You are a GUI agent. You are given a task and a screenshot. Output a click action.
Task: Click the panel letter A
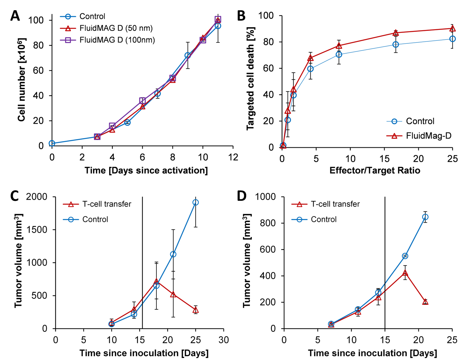point(15,16)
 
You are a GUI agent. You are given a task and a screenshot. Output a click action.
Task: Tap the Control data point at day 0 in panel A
point(52,143)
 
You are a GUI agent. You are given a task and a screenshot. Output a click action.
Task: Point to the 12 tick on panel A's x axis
point(233,157)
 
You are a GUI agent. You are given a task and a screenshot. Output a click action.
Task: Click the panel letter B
point(241,16)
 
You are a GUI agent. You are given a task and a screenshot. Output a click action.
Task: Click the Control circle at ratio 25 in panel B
point(452,39)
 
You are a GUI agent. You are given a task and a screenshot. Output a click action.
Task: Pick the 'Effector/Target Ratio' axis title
point(375,170)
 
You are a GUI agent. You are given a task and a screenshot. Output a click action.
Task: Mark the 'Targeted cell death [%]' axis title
point(250,78)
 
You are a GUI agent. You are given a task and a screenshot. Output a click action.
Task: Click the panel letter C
point(14,196)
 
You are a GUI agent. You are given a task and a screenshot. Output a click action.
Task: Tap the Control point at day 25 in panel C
point(196,203)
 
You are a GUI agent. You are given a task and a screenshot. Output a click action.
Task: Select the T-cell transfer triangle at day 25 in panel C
point(196,310)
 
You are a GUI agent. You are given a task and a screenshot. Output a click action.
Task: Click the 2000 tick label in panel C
point(37,197)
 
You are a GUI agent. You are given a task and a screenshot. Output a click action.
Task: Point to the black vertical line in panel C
point(142,263)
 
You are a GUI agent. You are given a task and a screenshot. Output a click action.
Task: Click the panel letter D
point(242,196)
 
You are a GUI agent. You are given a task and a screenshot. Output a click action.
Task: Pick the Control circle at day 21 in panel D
point(425,217)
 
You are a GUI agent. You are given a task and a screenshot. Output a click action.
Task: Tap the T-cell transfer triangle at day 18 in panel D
point(405,273)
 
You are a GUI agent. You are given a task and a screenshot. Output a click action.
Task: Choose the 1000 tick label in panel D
point(266,197)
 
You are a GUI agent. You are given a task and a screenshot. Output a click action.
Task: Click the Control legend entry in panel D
point(323,219)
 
